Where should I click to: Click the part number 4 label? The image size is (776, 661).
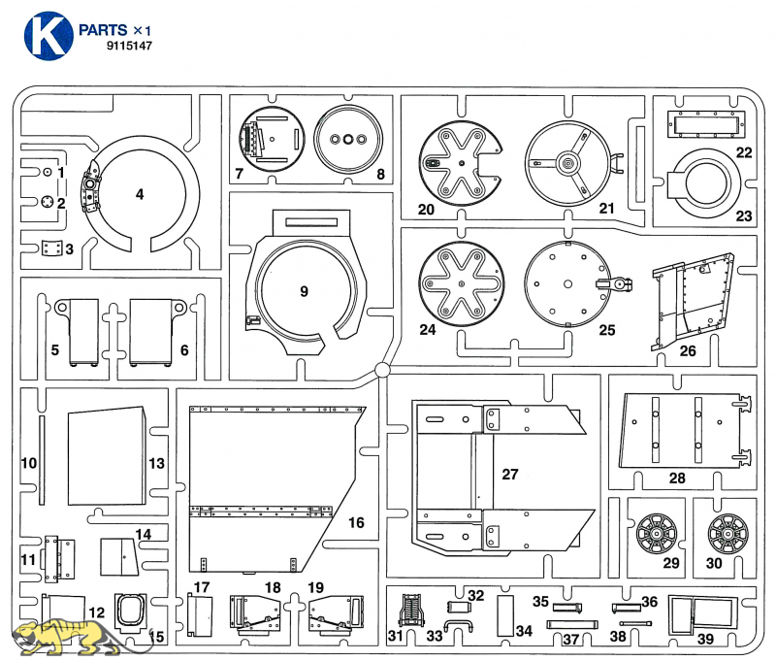140,194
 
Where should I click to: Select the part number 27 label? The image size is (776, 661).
510,474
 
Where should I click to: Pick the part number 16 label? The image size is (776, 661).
356,523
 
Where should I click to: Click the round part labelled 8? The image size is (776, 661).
344,140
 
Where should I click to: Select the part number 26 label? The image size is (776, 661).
688,349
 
